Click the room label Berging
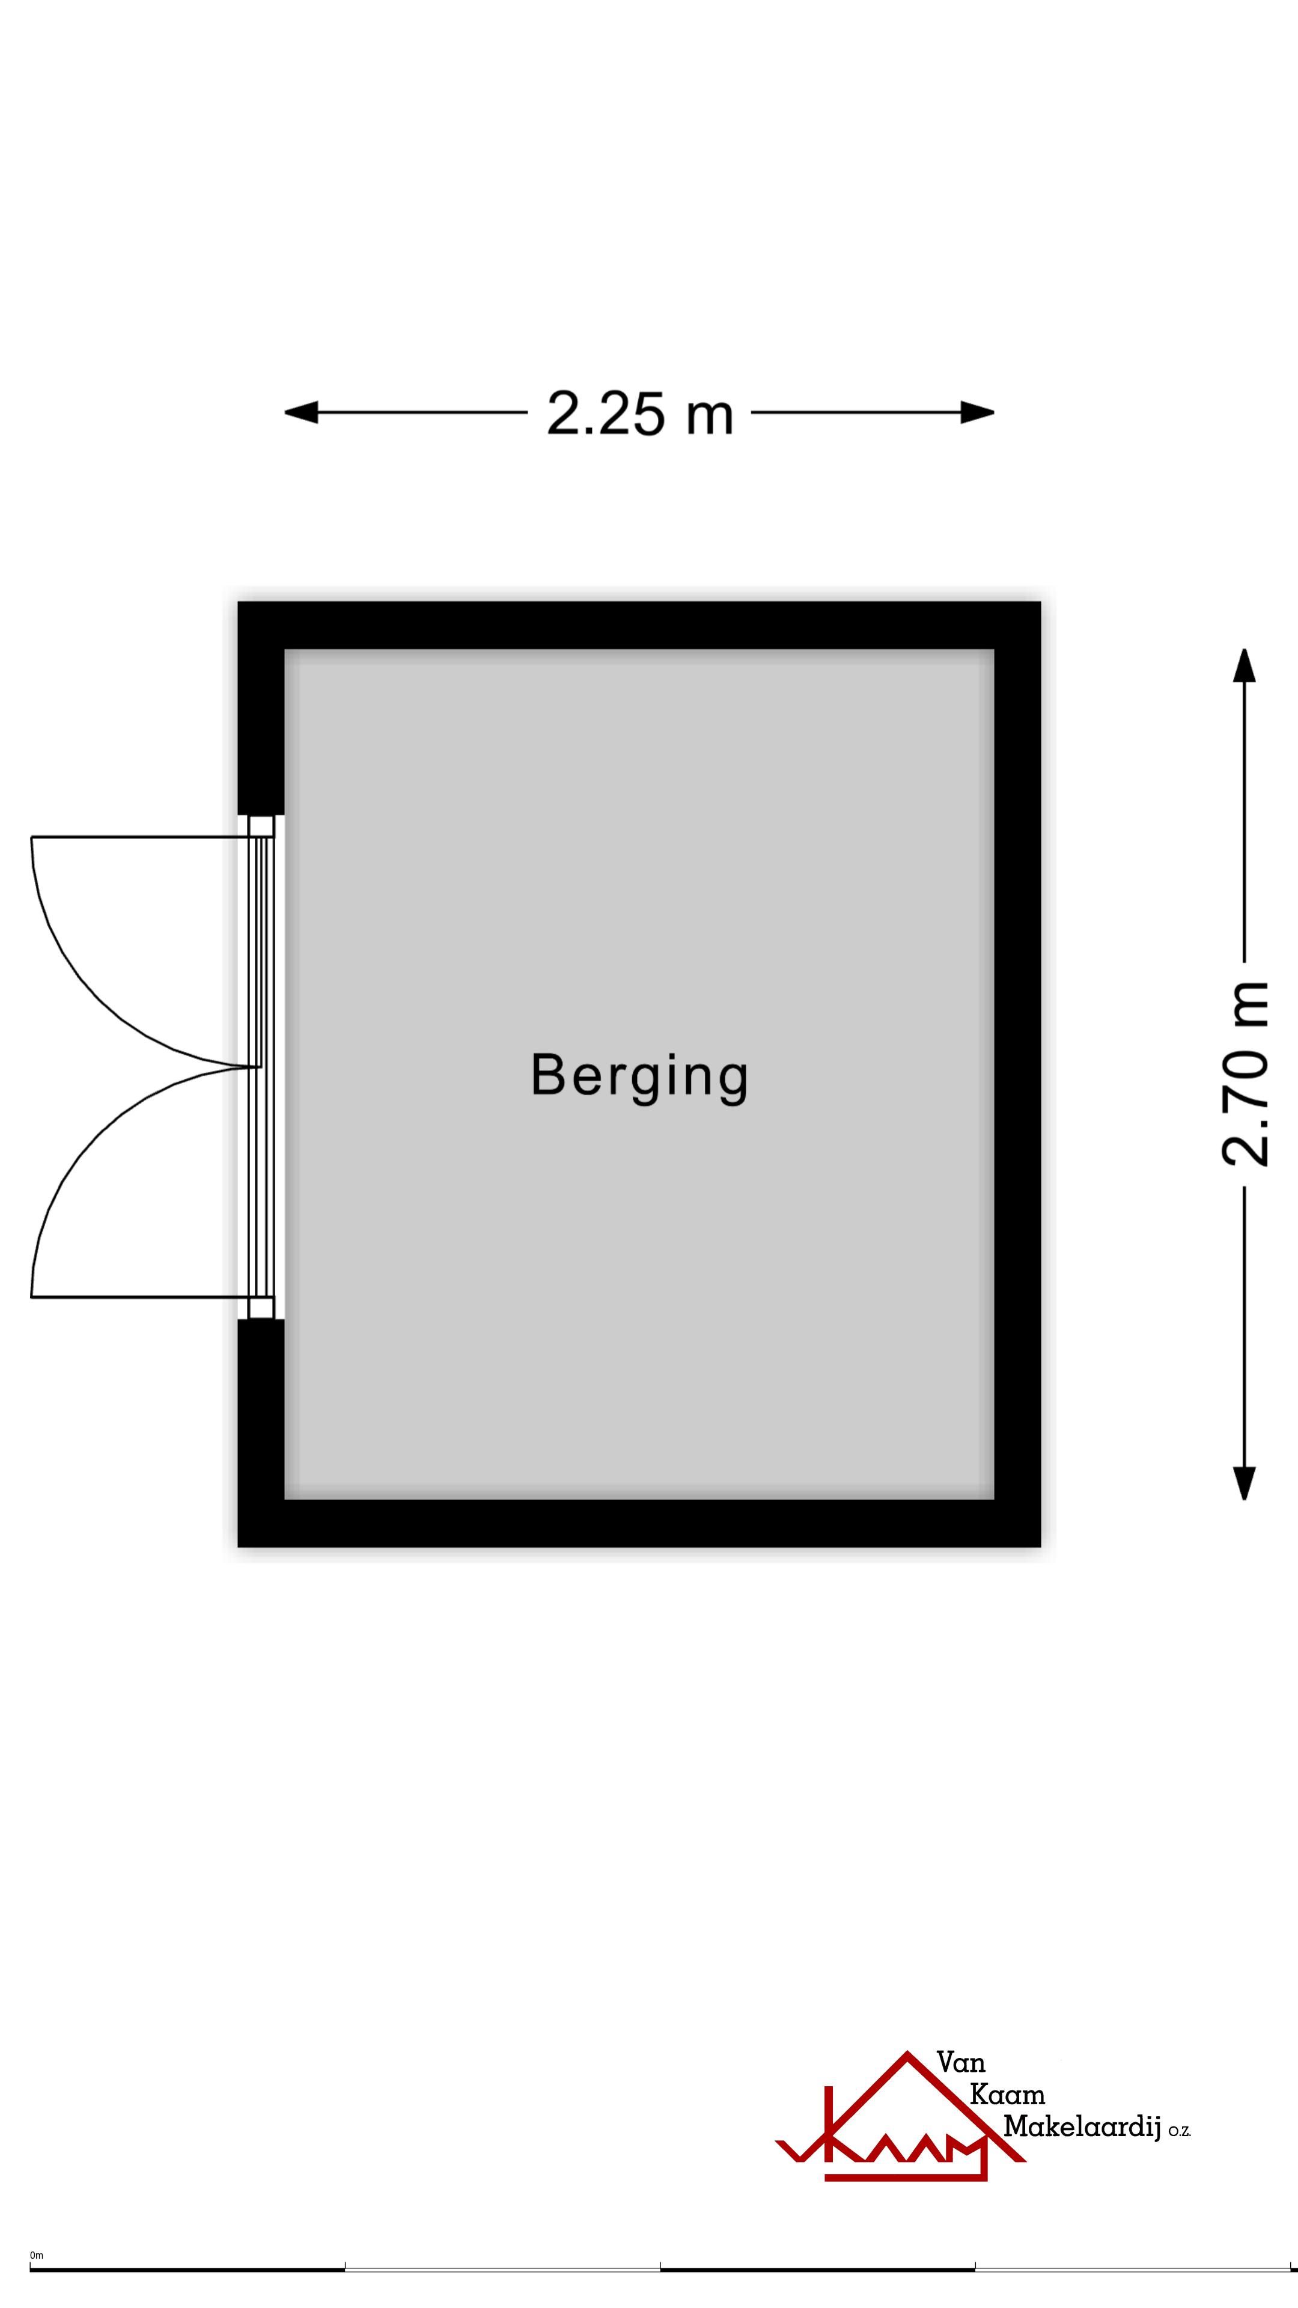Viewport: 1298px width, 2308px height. click(x=639, y=1075)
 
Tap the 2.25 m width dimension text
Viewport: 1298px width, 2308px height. click(x=639, y=414)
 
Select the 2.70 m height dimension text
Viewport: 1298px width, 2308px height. click(x=1245, y=1073)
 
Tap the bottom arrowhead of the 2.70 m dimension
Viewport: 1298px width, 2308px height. click(x=1245, y=1483)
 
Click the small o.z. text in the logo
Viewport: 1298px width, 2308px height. click(x=1179, y=2132)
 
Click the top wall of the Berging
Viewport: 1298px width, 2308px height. click(x=639, y=624)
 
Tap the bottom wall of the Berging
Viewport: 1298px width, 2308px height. click(x=639, y=1523)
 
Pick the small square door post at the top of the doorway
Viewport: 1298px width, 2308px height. click(x=261, y=825)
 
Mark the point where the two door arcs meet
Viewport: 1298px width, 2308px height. click(x=258, y=1066)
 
